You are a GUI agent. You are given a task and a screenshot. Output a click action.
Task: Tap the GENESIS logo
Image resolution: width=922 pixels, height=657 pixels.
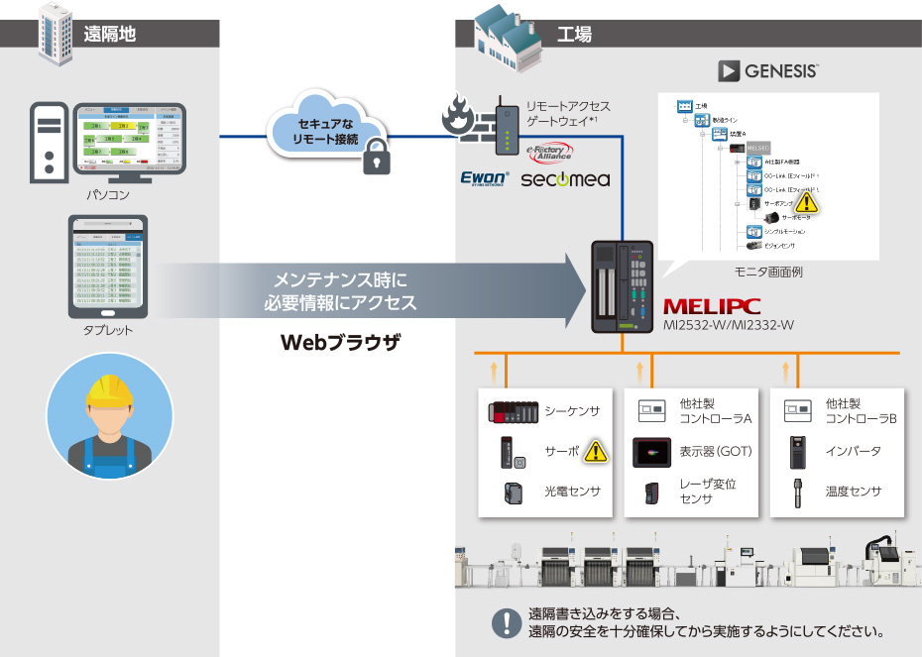pyautogui.click(x=769, y=71)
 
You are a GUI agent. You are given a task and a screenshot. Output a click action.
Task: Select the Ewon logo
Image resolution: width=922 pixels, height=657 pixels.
pyautogui.click(x=485, y=178)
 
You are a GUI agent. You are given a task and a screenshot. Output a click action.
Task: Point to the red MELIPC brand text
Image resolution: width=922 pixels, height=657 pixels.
pyautogui.click(x=713, y=306)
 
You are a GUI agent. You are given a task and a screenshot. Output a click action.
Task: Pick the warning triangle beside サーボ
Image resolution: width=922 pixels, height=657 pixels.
pyautogui.click(x=595, y=452)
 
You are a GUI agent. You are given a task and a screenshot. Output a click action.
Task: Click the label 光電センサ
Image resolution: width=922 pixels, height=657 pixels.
pyautogui.click(x=572, y=492)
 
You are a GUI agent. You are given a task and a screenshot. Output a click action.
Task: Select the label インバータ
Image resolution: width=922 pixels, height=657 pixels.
pyautogui.click(x=853, y=452)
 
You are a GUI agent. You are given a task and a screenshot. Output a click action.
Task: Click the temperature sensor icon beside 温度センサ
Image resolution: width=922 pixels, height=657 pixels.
pyautogui.click(x=796, y=492)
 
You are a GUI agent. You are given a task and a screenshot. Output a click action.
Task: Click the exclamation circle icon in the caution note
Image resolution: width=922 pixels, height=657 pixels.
pyautogui.click(x=507, y=623)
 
